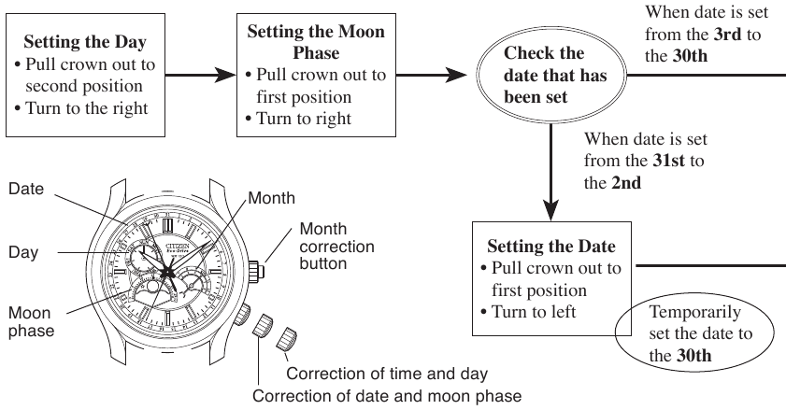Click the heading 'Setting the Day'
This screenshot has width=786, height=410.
pos(84,42)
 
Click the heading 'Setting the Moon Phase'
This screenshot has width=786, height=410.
pos(315,42)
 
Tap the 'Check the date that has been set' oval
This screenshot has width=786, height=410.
pos(543,75)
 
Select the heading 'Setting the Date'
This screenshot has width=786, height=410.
pos(551,247)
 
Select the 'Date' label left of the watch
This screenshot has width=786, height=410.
pos(26,190)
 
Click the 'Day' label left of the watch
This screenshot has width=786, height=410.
pos(23,253)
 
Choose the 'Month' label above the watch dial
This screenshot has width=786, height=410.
pos(272,198)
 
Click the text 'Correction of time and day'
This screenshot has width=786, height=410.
pos(387,374)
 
